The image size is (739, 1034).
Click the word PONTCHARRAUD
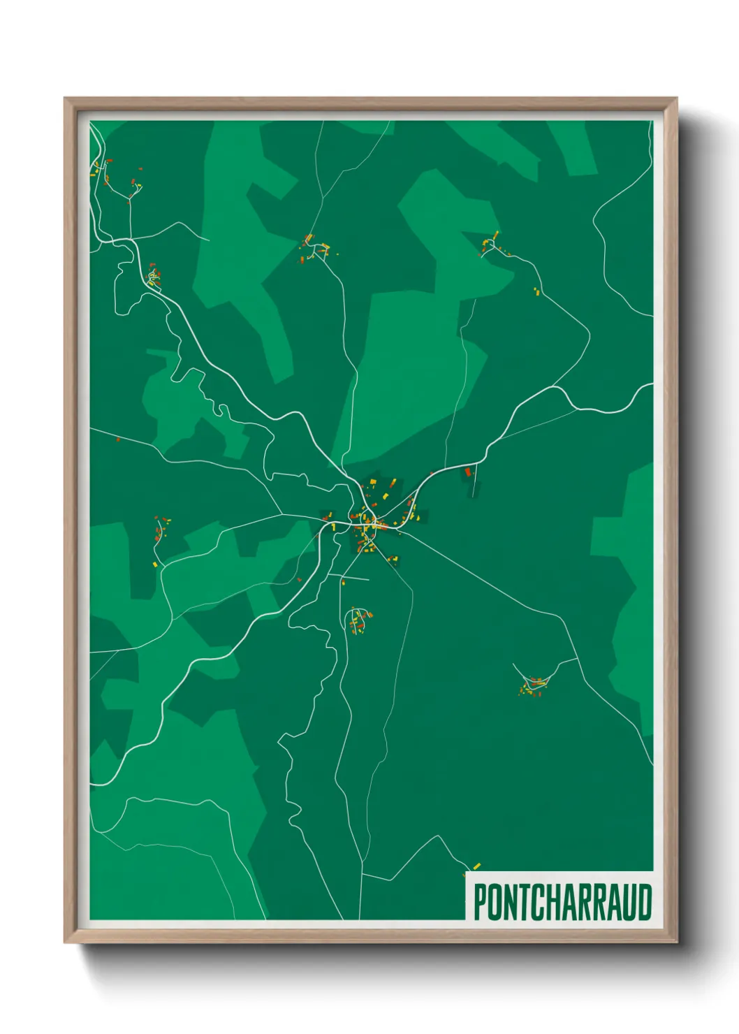pos(562,902)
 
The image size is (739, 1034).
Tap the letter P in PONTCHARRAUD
pos(480,902)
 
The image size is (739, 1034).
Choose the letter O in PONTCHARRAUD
pos(494,902)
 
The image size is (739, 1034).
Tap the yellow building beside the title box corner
pos(476,866)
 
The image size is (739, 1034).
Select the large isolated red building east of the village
pos(468,473)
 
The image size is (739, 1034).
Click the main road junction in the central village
pos(374,521)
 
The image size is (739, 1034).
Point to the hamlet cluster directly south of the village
pos(358,620)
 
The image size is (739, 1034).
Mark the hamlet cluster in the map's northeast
pos(490,245)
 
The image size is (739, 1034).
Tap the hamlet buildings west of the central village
pos(161,531)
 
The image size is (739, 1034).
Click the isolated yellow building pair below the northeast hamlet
pos(537,291)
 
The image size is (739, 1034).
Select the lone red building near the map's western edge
pos(118,439)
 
